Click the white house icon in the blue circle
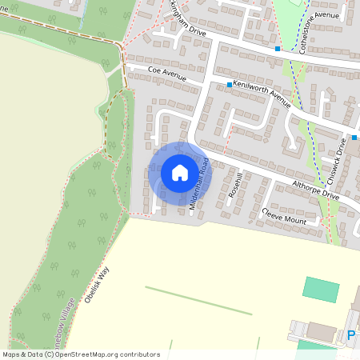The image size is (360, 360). tap(180, 172)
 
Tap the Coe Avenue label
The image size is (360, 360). tap(167, 74)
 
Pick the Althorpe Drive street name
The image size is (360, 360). tap(316, 190)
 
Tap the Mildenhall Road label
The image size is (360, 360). tap(199, 184)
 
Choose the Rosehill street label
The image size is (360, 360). tap(234, 185)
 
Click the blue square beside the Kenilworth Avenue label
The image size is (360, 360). tap(230, 84)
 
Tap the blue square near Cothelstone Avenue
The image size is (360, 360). tap(278, 49)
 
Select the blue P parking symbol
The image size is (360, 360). tap(350, 336)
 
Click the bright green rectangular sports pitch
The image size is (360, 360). tap(321, 288)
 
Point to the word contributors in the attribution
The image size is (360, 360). tap(138, 354)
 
